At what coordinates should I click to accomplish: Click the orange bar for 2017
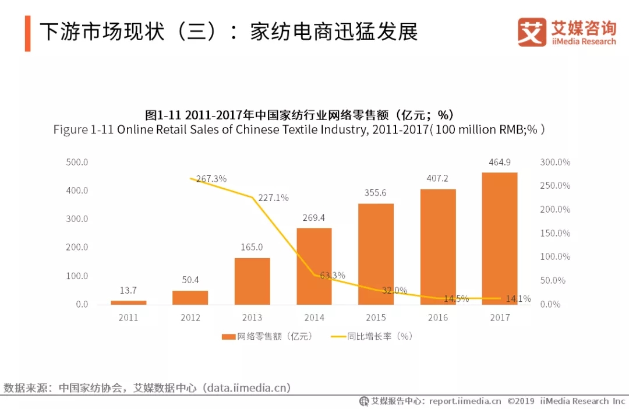(500, 238)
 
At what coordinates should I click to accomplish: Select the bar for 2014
(314, 266)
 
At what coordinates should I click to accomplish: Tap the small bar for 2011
(128, 302)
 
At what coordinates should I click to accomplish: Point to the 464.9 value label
(500, 162)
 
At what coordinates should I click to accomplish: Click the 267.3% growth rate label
(211, 179)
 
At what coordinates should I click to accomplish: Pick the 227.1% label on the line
(273, 198)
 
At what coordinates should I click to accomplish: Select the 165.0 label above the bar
(252, 247)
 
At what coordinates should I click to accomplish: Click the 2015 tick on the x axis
(376, 318)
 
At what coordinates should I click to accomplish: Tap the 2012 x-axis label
(190, 318)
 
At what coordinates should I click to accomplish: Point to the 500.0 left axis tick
(77, 162)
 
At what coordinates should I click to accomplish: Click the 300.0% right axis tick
(555, 162)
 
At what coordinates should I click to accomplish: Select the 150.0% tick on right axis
(555, 233)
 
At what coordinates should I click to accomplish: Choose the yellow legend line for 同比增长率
(338, 336)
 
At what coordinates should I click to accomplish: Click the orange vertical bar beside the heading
(27, 33)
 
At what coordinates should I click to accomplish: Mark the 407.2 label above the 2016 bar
(437, 178)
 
